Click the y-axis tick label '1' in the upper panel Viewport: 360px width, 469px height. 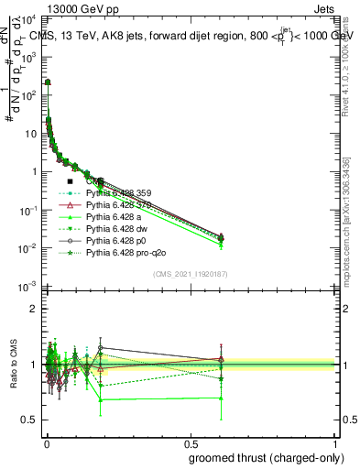click(35, 172)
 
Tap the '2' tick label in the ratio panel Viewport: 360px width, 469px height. click(35, 309)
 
